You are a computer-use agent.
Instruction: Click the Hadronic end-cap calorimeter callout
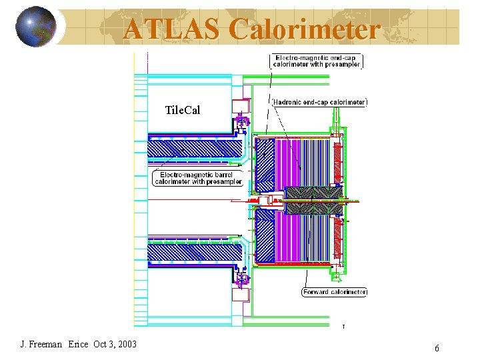click(x=320, y=102)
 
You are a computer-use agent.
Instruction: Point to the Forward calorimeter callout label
click(x=335, y=292)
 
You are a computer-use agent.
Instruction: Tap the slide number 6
click(x=437, y=348)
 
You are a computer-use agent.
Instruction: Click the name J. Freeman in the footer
click(x=41, y=344)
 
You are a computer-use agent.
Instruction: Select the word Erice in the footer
click(x=77, y=344)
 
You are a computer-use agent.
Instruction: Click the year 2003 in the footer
click(x=125, y=344)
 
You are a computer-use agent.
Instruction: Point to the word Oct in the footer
click(x=100, y=344)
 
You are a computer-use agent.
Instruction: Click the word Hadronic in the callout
click(x=290, y=102)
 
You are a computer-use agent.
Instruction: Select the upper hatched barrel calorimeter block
click(x=193, y=151)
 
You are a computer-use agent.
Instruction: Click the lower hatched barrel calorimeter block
click(x=193, y=252)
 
